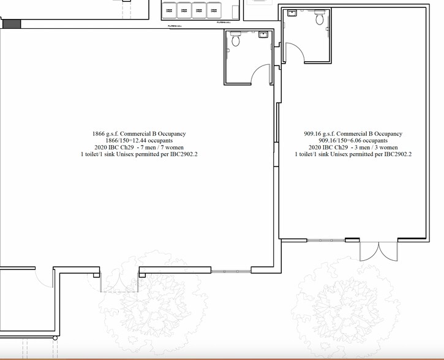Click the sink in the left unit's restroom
tap(264, 34)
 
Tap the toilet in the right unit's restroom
tap(319, 18)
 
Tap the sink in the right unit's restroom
tap(292, 13)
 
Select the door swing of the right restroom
tap(295, 53)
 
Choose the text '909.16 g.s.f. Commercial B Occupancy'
tap(353, 133)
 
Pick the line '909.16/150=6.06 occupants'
tap(353, 141)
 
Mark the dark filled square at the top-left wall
tap(12, 24)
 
